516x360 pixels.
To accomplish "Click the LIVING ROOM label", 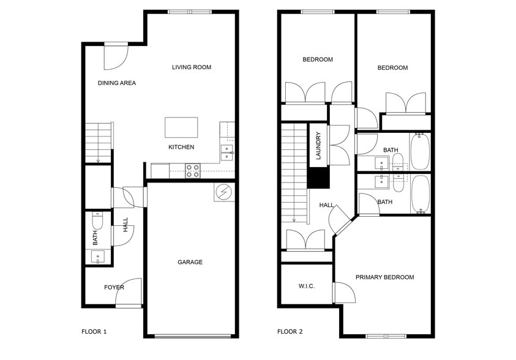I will coord(191,67).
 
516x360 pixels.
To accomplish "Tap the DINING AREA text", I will coord(116,83).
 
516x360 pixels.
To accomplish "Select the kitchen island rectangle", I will coord(181,127).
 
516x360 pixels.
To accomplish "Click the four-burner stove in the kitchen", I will coord(193,171).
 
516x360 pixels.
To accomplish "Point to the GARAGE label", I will coord(190,262).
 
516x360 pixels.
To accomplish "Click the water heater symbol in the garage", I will coord(223,192).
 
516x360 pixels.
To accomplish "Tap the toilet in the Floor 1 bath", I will coord(98,220).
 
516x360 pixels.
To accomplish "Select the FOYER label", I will coord(114,287).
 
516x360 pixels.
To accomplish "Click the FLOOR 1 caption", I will coord(94,332).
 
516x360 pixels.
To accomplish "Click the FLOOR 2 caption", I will coord(290,332).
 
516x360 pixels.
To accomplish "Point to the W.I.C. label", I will coord(307,286).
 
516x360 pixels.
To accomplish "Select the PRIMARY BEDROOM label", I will coord(384,277).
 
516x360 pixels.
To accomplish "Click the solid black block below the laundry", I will coord(318,177).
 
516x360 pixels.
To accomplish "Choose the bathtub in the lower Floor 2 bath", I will coord(420,193).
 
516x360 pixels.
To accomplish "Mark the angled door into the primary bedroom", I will coord(340,217).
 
